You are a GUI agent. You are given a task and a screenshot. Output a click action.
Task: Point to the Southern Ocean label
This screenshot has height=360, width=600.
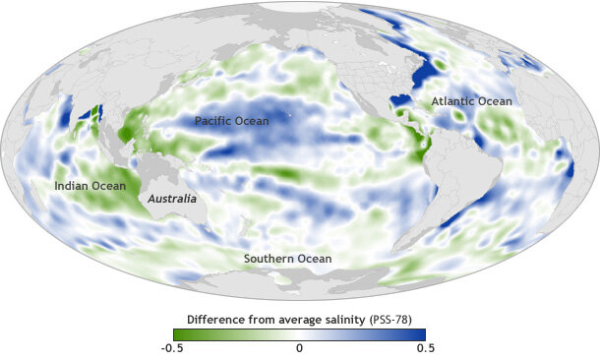(x=288, y=259)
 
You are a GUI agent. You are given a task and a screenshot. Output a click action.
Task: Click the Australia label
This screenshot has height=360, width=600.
(x=172, y=199)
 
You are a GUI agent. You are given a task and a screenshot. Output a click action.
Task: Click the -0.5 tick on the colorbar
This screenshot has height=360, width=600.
(x=173, y=348)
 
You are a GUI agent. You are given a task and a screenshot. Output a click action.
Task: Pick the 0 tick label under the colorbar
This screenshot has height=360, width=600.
(x=300, y=348)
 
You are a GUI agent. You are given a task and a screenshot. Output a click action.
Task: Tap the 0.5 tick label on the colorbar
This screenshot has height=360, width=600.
(x=426, y=348)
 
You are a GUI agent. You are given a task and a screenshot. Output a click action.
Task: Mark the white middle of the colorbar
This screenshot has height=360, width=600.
(x=300, y=333)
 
